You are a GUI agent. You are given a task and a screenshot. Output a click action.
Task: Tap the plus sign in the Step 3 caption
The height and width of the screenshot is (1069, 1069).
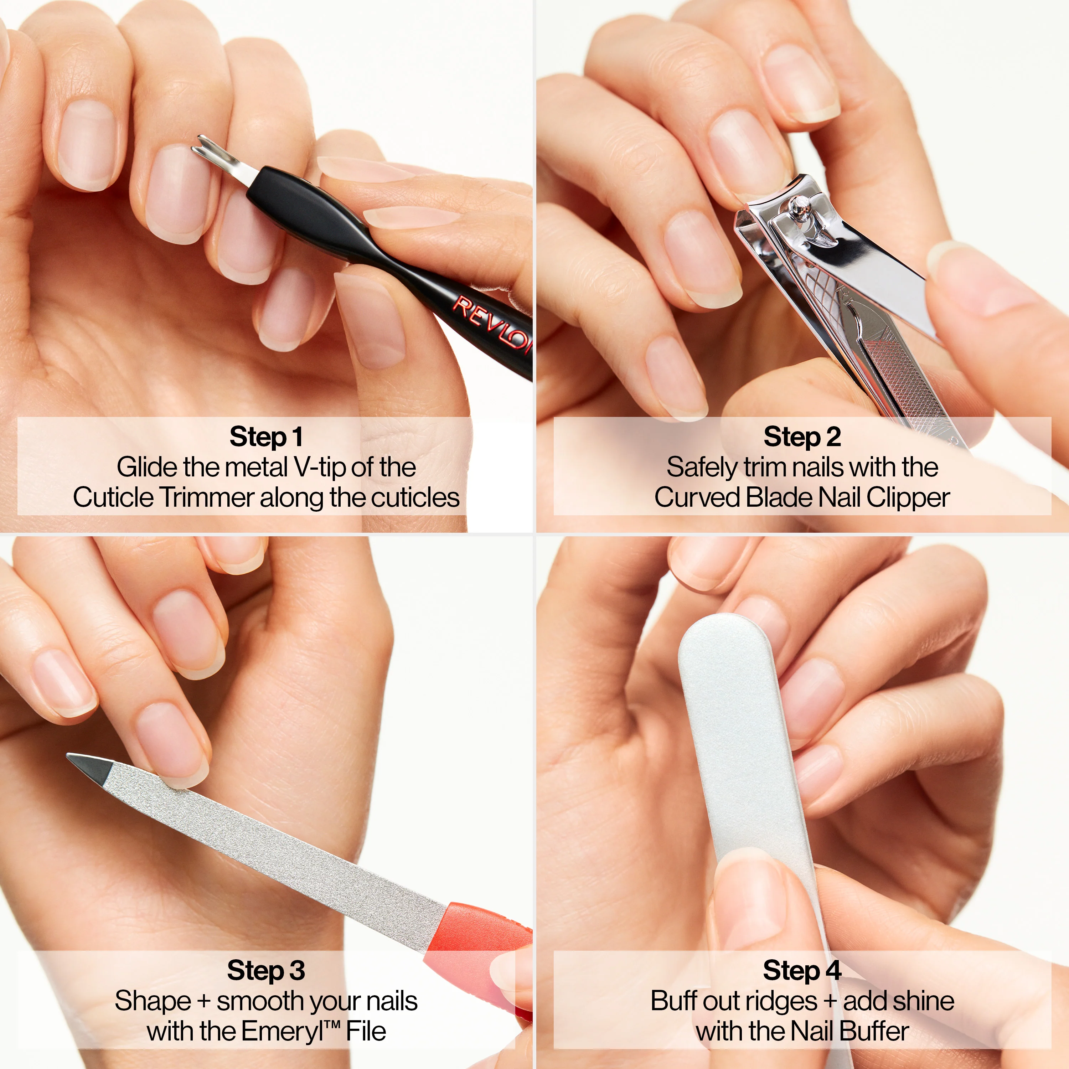point(203,1002)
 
